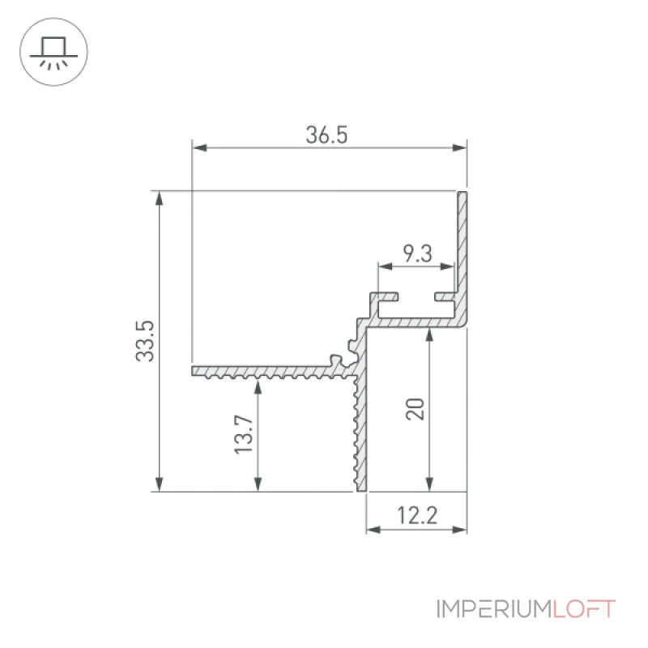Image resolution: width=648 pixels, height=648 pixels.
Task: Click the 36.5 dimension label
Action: point(326,135)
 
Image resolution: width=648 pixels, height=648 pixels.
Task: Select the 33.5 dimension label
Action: point(145,341)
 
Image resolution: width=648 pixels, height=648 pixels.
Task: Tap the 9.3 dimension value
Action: point(417,254)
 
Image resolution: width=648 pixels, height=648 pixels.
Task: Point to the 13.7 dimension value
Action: point(244,435)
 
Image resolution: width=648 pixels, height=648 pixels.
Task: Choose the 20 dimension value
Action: point(416,409)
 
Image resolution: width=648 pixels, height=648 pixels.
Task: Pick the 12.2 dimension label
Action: point(417,515)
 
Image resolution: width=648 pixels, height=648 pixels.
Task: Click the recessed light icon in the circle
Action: point(53,53)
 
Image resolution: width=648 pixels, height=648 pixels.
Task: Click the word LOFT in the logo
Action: point(584,609)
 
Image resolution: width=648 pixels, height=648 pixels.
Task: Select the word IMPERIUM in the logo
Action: point(494,609)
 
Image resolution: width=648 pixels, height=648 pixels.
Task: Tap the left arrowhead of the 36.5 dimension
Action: point(199,147)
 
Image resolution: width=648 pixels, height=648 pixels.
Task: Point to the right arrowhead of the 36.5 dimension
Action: point(459,147)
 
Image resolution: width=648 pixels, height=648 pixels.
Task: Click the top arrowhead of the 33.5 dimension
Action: point(159,198)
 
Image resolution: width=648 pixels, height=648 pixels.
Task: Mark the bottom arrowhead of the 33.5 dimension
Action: point(159,484)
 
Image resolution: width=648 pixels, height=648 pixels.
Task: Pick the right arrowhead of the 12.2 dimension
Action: point(459,530)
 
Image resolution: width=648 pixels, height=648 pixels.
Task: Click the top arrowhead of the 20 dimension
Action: point(429,335)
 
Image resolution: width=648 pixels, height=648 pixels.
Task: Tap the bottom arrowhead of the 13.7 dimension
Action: point(258,484)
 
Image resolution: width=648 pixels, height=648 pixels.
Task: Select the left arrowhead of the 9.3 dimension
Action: point(386,266)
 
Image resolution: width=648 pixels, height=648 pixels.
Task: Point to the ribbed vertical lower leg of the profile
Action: point(361,430)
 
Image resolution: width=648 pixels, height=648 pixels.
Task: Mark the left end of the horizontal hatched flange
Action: point(193,371)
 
